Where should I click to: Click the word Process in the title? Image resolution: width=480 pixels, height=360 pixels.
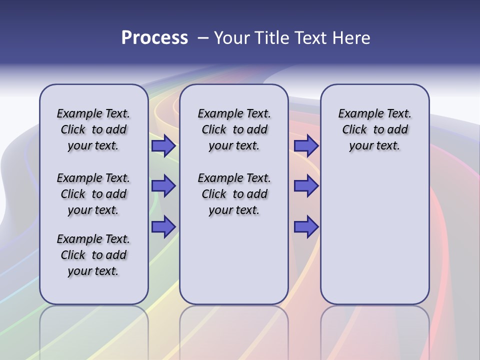(154, 38)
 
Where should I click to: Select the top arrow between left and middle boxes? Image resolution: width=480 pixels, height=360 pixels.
(163, 146)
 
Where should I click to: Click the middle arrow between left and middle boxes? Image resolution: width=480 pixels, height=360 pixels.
(163, 186)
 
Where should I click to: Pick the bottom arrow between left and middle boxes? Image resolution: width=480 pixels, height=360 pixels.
(163, 226)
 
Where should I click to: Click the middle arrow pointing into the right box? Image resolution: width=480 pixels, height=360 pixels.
(306, 186)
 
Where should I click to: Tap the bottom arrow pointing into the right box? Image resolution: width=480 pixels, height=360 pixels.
(306, 226)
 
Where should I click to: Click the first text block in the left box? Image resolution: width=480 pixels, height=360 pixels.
(93, 129)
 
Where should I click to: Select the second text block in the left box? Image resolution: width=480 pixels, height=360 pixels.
(93, 194)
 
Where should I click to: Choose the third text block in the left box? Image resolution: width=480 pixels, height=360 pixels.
(93, 255)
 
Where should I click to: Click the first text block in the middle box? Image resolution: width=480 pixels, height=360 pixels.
(234, 129)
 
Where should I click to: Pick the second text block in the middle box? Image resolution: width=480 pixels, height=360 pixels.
(234, 194)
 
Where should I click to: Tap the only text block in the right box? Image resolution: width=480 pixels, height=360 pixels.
(374, 129)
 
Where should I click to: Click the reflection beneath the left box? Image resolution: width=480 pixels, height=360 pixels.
(93, 325)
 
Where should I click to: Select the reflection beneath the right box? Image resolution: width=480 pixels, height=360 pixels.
(374, 325)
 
